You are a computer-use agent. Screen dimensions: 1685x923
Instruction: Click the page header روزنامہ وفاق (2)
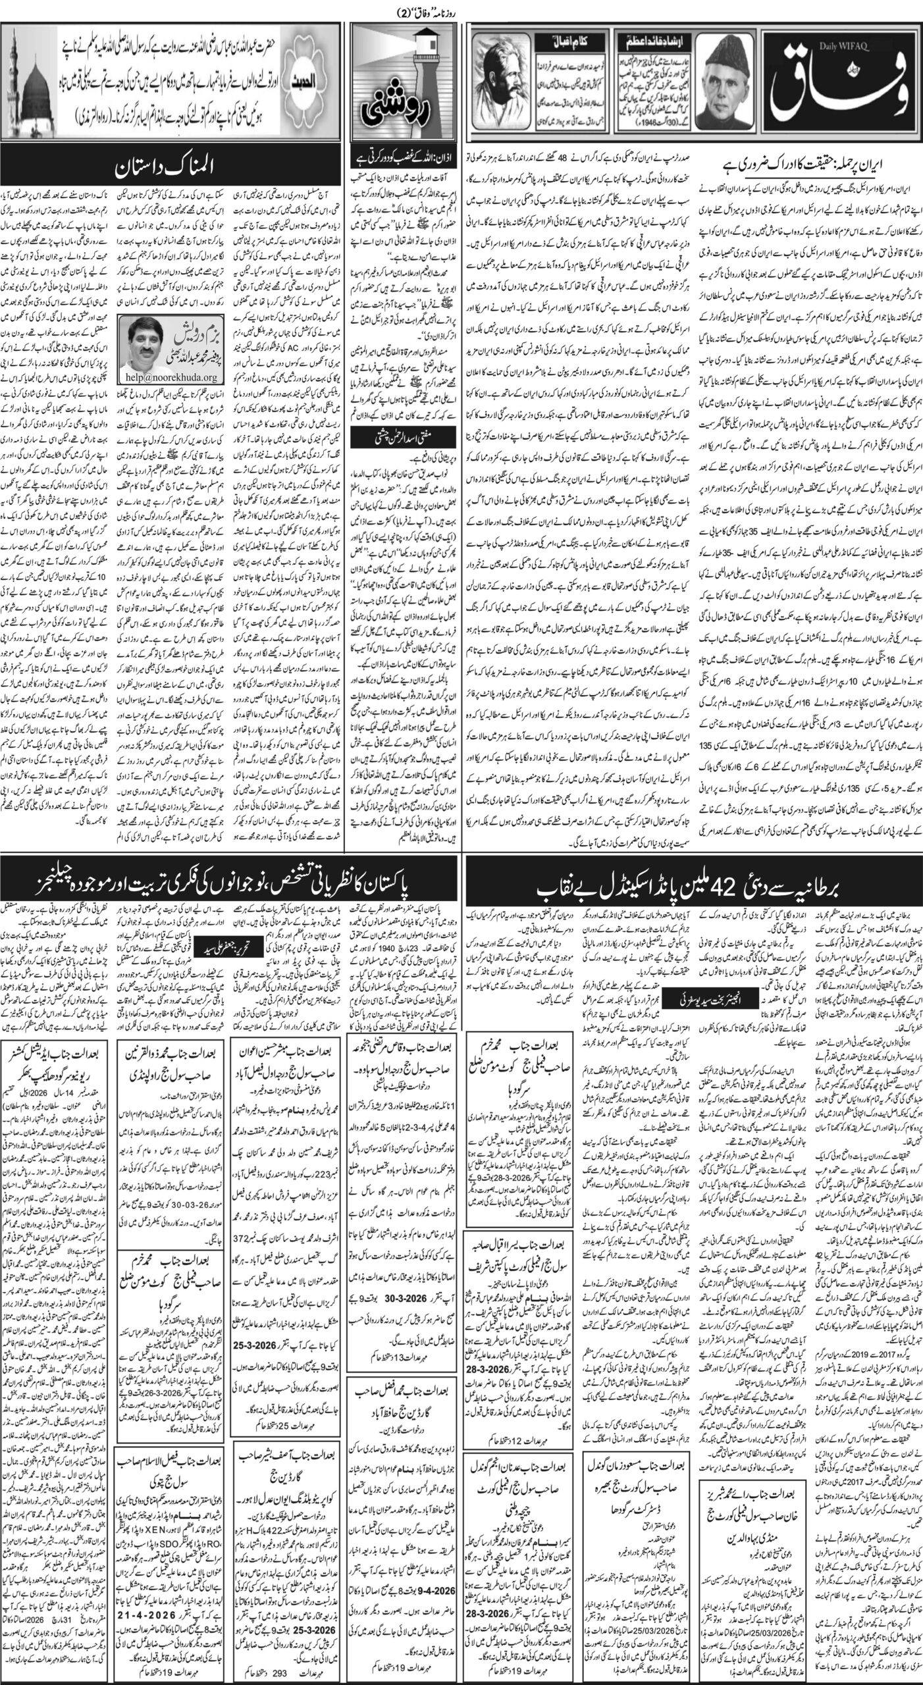click(461, 7)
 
